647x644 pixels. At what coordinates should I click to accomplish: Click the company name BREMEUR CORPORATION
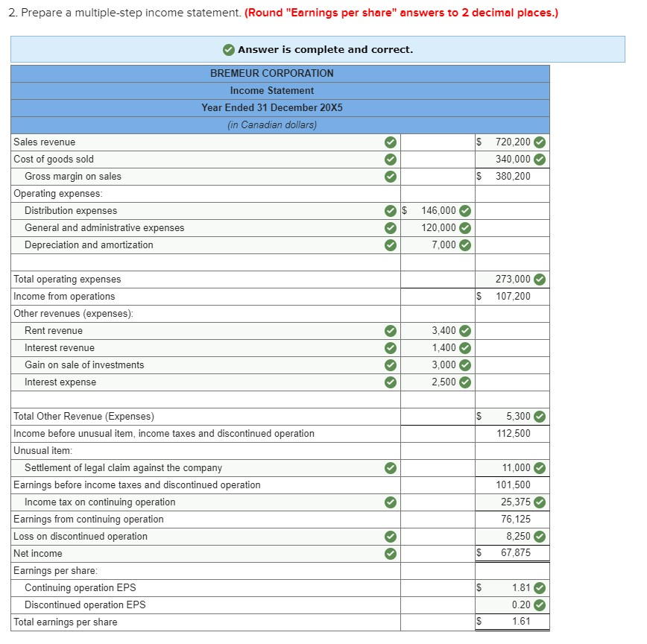271,73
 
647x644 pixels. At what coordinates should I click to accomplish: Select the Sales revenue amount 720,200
513,142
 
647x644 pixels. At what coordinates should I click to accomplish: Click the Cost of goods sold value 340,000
513,159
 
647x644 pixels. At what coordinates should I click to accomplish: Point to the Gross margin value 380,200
513,176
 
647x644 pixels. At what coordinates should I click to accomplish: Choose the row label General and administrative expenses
104,227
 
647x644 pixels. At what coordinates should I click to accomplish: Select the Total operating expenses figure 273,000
513,279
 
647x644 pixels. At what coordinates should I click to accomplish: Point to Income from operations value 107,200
513,296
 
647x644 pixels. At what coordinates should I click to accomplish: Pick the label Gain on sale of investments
84,364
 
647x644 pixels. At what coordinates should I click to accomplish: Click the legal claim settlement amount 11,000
516,467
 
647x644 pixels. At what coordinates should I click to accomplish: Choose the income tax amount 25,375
516,502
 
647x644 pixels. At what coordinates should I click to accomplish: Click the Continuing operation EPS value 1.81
520,587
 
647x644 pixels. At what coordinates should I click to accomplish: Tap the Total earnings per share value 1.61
520,622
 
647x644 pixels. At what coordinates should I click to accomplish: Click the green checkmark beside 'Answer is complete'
229,49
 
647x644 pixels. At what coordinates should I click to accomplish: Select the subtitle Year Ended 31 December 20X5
271,107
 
